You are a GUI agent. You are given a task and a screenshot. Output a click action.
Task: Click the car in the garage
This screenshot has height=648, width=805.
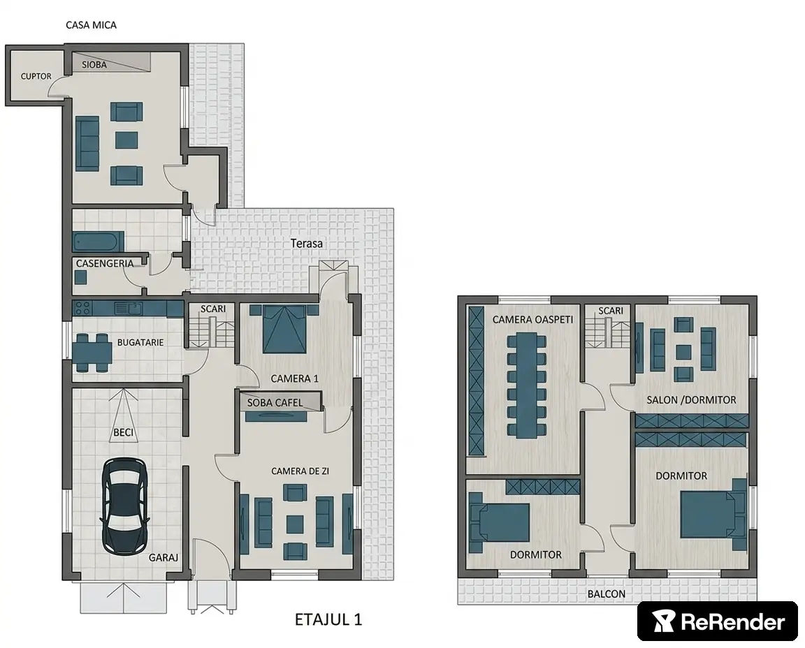pos(124,506)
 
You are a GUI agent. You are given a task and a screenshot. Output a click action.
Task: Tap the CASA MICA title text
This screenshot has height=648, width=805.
pos(91,25)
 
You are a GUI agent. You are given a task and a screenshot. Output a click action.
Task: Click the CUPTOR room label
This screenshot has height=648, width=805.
pos(36,76)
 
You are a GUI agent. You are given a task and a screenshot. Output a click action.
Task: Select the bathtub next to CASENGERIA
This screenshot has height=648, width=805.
pos(98,241)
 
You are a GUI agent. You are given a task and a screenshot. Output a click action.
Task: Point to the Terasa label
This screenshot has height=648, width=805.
pos(307,243)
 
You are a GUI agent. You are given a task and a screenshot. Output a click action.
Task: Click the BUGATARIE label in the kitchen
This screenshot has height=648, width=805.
pos(140,342)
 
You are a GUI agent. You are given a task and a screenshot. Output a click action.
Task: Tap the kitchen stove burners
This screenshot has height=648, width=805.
pos(83,308)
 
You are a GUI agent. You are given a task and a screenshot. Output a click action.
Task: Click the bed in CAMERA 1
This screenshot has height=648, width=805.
pos(284,329)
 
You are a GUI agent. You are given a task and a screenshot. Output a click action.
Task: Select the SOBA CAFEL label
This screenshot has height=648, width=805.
pos(275,403)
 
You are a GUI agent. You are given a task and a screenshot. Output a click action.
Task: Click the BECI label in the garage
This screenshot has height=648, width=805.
pos(123,432)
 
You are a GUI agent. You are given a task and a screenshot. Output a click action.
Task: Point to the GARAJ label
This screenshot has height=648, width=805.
pos(164,557)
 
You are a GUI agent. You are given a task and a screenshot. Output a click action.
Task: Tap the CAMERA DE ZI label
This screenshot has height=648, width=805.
pos(300,471)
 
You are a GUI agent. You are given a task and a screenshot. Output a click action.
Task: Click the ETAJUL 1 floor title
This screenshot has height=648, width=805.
pos(328,619)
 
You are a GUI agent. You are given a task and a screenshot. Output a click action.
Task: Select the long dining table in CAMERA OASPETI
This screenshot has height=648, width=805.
pos(527,385)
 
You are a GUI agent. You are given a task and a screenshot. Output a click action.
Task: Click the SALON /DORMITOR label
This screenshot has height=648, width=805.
pos(691,399)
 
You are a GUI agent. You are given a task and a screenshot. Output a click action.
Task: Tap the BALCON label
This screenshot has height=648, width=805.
pos(607,594)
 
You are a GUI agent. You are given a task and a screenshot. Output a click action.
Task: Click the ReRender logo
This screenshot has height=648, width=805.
pos(718,621)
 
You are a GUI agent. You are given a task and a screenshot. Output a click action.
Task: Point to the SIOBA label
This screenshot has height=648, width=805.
pos(94,65)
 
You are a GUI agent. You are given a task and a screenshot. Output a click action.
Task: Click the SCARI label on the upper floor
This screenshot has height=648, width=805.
pos(611,311)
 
